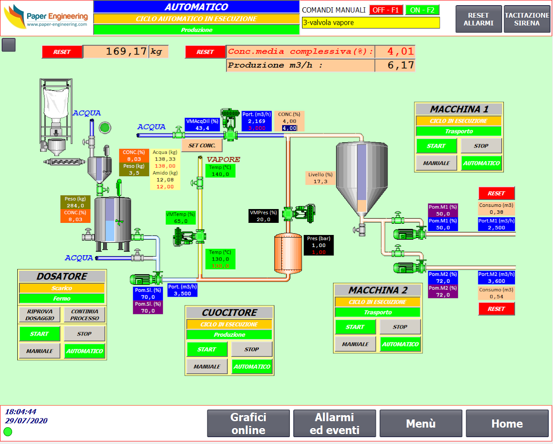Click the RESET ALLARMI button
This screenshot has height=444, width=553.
[x=478, y=19]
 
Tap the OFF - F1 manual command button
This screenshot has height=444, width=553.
[x=386, y=10]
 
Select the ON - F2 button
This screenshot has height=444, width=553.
[x=422, y=10]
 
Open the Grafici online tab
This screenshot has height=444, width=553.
[x=248, y=423]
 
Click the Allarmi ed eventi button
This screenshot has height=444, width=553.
[x=334, y=423]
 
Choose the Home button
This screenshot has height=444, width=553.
[x=507, y=423]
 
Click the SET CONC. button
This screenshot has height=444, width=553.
[x=202, y=146]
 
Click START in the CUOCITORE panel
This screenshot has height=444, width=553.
[x=207, y=349]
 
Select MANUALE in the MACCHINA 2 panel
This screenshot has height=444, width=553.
[x=355, y=344]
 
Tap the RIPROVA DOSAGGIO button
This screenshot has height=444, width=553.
[x=40, y=315]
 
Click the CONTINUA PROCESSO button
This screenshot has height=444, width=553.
[x=85, y=315]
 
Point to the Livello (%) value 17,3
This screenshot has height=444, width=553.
[x=320, y=181]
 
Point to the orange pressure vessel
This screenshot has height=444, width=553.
[x=288, y=254]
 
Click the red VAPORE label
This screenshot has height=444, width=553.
[x=223, y=159]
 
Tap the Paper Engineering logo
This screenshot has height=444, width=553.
[x=47, y=18]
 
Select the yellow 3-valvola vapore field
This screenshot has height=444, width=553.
[x=371, y=22]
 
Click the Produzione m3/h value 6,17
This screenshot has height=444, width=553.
[x=395, y=65]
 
